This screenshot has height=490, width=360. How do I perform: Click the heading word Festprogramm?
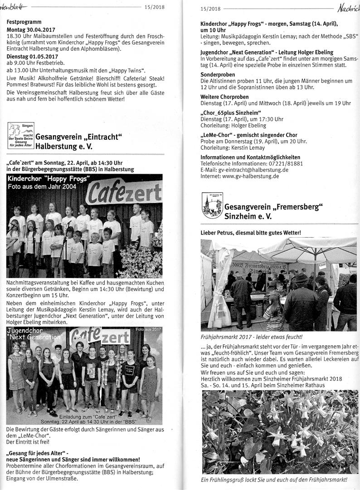click(24, 21)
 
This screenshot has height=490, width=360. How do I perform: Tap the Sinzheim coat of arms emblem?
click(212, 205)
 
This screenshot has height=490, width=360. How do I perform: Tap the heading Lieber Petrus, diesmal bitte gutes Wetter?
click(250, 233)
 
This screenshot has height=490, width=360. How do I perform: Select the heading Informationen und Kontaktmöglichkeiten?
click(251, 157)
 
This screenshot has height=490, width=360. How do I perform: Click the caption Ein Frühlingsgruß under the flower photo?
click(273, 479)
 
